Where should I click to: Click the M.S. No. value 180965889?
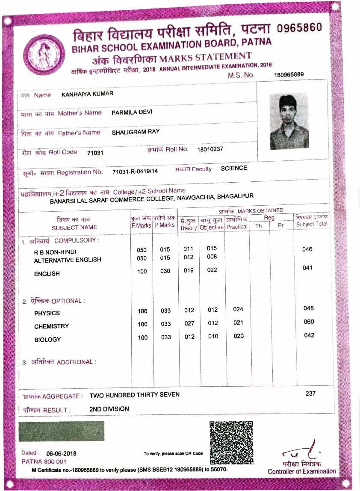(x=289, y=74)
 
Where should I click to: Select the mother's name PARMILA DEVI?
(x=132, y=112)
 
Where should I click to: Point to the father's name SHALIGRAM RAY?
(x=136, y=132)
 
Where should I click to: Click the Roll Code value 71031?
(x=95, y=153)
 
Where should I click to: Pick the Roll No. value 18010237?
(x=210, y=149)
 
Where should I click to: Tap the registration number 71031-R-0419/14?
(x=135, y=172)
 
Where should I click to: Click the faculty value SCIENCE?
(x=234, y=168)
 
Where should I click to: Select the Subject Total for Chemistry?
(x=308, y=322)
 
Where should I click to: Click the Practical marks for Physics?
(x=238, y=309)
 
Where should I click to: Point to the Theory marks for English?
(x=189, y=270)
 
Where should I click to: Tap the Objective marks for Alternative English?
(x=212, y=257)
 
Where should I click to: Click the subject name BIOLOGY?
(x=47, y=340)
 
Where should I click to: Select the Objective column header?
(x=212, y=228)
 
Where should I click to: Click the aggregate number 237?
(x=310, y=393)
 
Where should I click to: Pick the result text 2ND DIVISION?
(x=109, y=409)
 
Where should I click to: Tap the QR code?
(x=231, y=441)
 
